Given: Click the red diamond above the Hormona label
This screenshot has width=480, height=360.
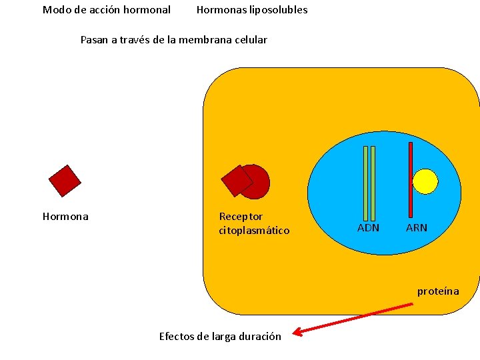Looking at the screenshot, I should tap(65, 181).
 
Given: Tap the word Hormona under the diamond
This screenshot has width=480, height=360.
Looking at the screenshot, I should tap(65, 217).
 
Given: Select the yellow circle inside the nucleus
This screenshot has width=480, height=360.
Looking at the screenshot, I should tap(425, 181).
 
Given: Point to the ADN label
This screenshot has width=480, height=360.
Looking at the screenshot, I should tap(368, 228).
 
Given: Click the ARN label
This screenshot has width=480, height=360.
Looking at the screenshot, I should tap(417, 228).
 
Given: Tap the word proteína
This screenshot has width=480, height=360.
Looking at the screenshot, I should tap(438, 291).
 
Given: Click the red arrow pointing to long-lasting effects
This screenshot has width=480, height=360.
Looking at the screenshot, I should tap(353, 319).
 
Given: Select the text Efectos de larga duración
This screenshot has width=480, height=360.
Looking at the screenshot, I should tap(220, 336).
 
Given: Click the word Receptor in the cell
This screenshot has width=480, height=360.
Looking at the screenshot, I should tap(241, 217).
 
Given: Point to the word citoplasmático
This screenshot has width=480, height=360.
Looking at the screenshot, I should tap(254, 231).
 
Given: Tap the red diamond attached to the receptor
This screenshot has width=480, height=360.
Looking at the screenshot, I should tap(236, 180).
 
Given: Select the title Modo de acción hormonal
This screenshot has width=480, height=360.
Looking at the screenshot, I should tap(107, 10).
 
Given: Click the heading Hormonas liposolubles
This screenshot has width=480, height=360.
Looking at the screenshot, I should tap(252, 10).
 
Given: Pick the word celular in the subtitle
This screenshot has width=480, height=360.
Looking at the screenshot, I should tap(251, 40).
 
